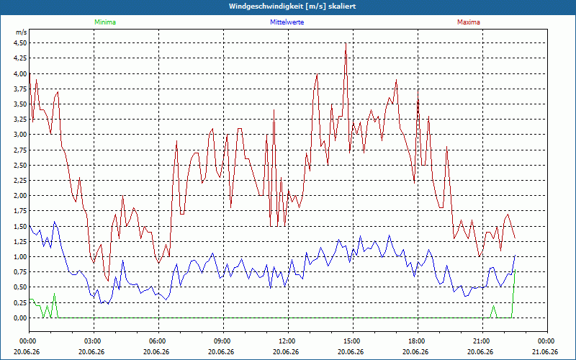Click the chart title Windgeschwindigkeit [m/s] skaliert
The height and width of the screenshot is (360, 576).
click(x=292, y=6)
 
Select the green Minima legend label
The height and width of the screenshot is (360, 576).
click(x=105, y=22)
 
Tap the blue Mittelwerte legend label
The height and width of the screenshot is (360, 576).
click(x=287, y=22)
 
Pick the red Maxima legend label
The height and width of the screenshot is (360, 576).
click(x=469, y=22)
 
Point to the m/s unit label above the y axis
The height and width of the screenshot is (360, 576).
click(x=22, y=32)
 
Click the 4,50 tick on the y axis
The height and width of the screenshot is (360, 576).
click(x=20, y=43)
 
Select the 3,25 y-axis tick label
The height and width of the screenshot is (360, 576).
click(x=20, y=120)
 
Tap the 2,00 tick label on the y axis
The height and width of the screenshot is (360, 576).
click(x=20, y=196)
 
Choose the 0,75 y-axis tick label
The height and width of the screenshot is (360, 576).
click(x=20, y=272)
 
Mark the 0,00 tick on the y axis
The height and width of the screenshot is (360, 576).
click(x=20, y=318)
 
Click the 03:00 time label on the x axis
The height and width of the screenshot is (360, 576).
click(x=94, y=341)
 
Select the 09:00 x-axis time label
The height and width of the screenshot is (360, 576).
click(x=223, y=341)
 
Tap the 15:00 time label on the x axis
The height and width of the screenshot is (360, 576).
click(x=353, y=341)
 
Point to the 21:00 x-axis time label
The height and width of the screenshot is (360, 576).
click(x=482, y=341)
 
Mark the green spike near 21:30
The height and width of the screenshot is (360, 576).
click(x=493, y=306)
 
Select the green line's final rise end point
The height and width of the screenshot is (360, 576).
click(x=516, y=269)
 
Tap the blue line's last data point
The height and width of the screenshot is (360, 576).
click(x=516, y=255)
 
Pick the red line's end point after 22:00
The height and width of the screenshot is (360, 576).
click(x=516, y=238)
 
